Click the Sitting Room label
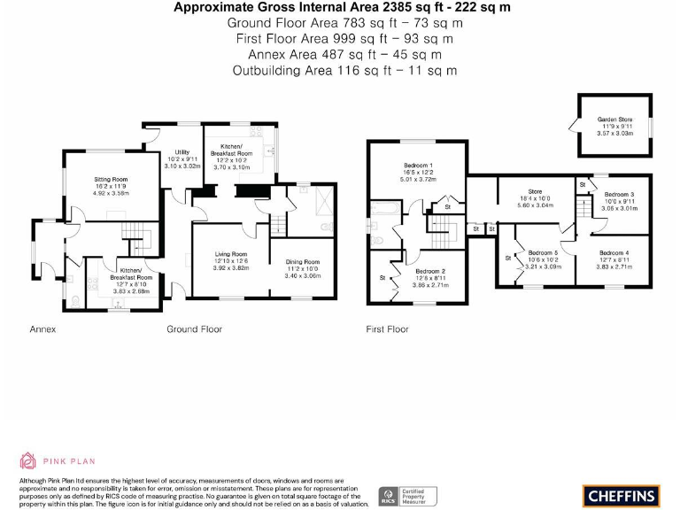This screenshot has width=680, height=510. pyautogui.click(x=112, y=180)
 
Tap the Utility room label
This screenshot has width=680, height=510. pyautogui.click(x=182, y=152)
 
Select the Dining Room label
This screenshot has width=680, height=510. pyautogui.click(x=302, y=262)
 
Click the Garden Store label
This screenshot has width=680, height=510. pyautogui.click(x=614, y=119)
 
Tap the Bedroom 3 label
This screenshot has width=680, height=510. pyautogui.click(x=619, y=194)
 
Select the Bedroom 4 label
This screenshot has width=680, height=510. pyautogui.click(x=614, y=253)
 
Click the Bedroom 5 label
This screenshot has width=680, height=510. pyautogui.click(x=543, y=252)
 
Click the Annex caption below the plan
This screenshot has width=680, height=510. pyautogui.click(x=42, y=329)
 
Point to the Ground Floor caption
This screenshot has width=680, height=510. pyautogui.click(x=194, y=329)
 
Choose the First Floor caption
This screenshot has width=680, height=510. pyautogui.click(x=387, y=329)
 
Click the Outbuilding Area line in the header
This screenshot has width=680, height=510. pyautogui.click(x=344, y=70)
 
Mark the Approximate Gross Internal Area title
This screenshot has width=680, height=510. pyautogui.click(x=344, y=7)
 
